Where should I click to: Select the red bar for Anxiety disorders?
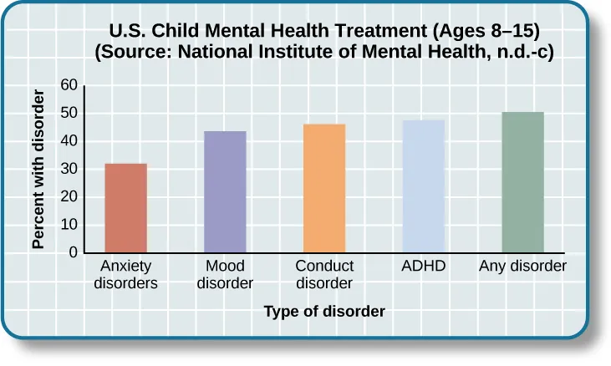[125, 208]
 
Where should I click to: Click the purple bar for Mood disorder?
[225, 192]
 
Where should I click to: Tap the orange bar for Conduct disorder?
[324, 189]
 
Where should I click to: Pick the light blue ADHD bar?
[424, 186]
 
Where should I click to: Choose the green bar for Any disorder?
[522, 182]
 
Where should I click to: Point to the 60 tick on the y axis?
[69, 85]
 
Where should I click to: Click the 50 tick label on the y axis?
[69, 113]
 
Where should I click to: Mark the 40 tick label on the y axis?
[69, 141]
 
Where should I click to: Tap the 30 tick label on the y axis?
[69, 169]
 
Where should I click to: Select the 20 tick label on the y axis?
[69, 196]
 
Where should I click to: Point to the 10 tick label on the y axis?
[69, 225]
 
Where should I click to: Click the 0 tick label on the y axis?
[73, 252]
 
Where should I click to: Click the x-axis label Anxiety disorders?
[125, 275]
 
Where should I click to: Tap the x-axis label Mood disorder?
[225, 275]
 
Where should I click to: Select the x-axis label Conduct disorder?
[324, 275]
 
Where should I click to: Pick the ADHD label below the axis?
[424, 267]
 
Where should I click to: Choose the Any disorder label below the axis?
[522, 267]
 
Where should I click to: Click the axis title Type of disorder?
[324, 312]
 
